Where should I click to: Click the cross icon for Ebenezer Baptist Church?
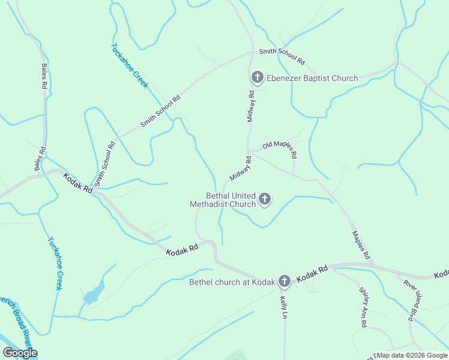click(258, 77)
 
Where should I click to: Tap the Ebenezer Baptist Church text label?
click(312, 78)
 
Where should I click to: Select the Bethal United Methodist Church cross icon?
click(265, 199)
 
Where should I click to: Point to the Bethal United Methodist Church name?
click(223, 200)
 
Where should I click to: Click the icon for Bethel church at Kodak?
click(284, 281)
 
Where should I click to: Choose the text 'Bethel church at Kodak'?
click(232, 282)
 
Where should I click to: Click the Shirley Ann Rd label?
click(364, 307)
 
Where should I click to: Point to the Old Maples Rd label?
click(280, 149)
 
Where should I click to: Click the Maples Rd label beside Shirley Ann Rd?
click(361, 245)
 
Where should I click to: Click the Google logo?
click(20, 353)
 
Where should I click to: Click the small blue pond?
click(92, 295)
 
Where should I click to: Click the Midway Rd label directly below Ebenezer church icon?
click(252, 106)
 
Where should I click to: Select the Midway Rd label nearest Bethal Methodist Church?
click(240, 169)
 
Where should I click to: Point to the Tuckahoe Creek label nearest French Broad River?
click(55, 263)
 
